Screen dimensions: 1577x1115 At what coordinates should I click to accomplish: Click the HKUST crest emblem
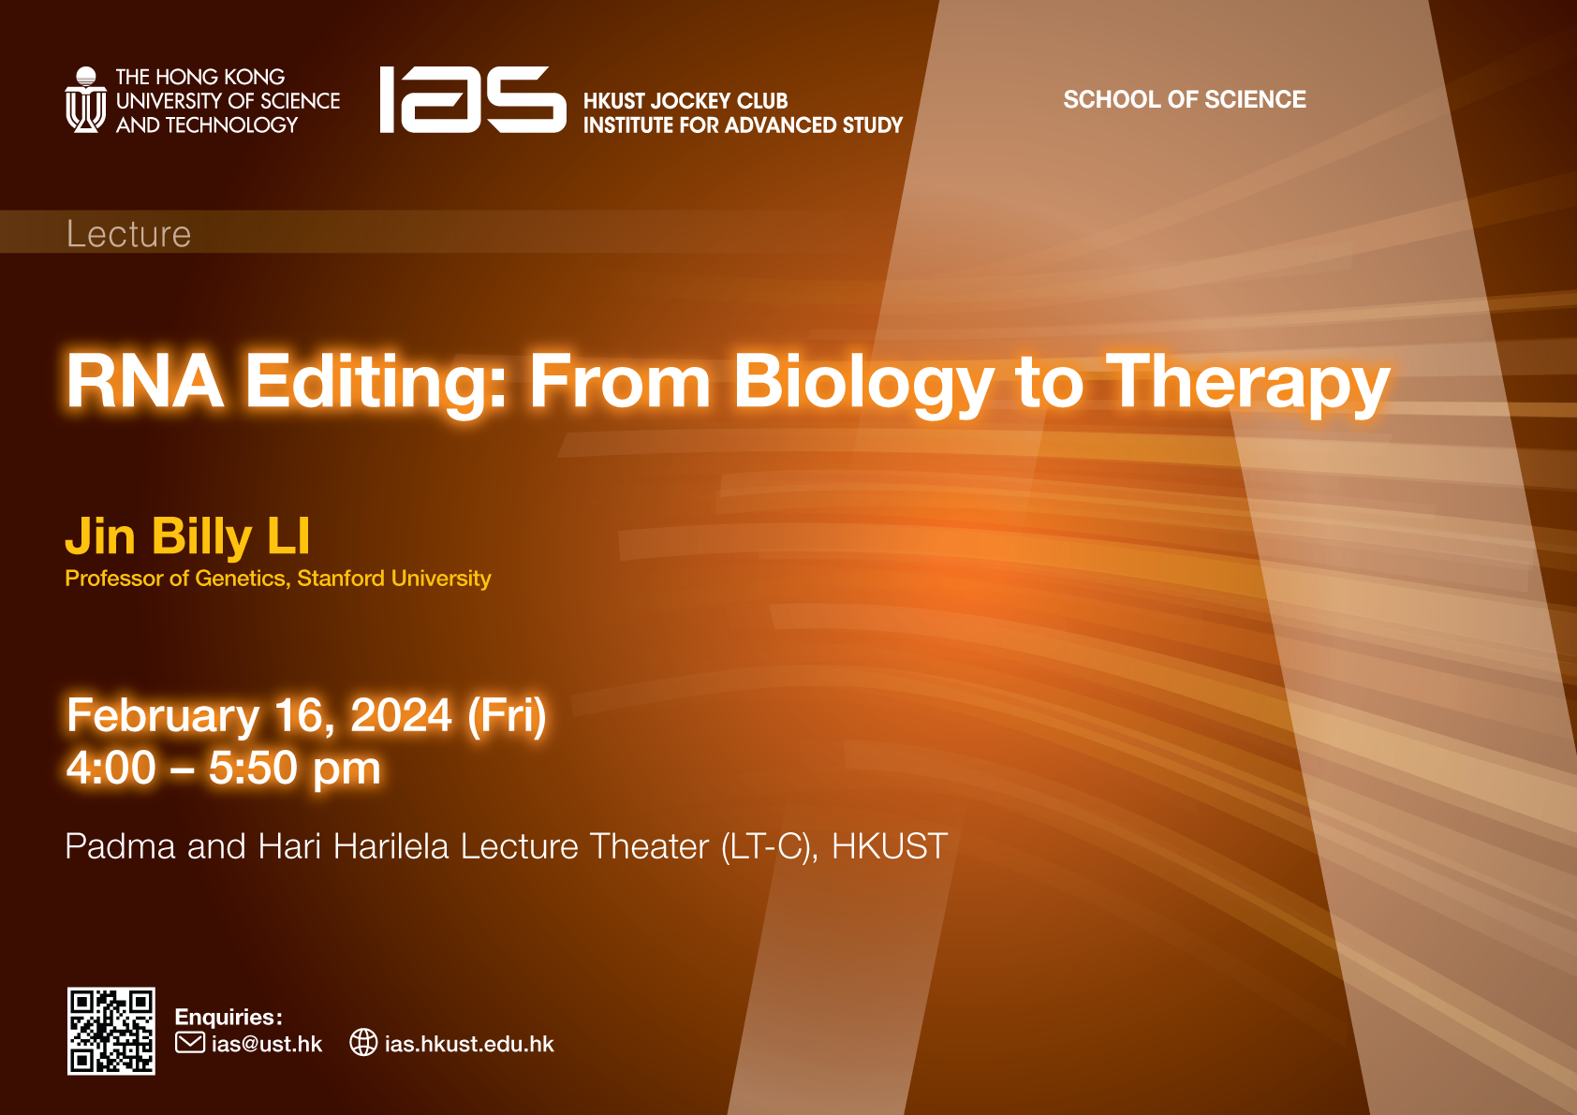(x=86, y=99)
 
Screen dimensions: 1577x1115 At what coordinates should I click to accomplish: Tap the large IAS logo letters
(x=473, y=99)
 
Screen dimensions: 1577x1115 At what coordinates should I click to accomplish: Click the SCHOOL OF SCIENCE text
(x=1185, y=99)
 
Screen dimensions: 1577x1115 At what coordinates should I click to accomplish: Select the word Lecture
(x=128, y=234)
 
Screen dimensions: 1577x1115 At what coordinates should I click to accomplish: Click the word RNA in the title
(x=145, y=381)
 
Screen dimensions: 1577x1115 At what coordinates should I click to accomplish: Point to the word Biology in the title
(x=863, y=386)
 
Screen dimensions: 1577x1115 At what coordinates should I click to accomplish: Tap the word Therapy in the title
(x=1246, y=386)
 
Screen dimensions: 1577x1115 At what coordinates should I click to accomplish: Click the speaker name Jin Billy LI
(x=187, y=537)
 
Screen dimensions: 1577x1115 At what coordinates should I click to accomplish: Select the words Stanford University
(x=393, y=579)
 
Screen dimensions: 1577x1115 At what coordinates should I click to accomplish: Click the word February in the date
(x=163, y=717)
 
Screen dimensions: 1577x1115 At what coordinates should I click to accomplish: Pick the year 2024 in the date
(x=401, y=715)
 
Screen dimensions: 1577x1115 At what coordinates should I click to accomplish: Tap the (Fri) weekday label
(x=507, y=716)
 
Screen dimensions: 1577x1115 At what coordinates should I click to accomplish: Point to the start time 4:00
(x=111, y=768)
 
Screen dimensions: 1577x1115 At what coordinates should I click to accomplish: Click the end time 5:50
(x=253, y=768)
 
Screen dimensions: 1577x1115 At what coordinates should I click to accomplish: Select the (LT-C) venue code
(x=770, y=847)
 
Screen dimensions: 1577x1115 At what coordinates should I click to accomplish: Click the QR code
(x=111, y=1031)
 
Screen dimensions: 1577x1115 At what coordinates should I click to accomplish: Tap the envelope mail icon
(x=190, y=1043)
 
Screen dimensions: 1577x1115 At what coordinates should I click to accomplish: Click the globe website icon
(x=363, y=1043)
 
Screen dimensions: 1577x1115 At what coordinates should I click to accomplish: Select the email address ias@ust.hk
(x=267, y=1044)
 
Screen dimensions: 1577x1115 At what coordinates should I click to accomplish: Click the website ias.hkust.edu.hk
(x=469, y=1044)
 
